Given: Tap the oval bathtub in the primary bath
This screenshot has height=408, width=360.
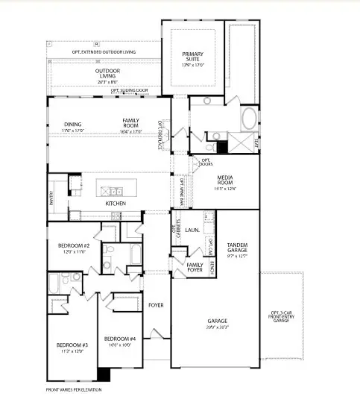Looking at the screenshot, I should [x=249, y=120].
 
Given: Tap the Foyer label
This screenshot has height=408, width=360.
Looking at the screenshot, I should [x=156, y=305].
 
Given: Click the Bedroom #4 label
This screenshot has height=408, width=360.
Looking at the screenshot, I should [x=119, y=339].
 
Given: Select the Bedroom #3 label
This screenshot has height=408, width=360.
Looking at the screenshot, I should [x=72, y=345].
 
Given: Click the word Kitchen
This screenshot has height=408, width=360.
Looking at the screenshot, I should [x=115, y=204].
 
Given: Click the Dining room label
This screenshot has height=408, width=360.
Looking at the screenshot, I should [x=72, y=125].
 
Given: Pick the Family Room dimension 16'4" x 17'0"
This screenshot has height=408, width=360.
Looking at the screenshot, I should [x=130, y=131].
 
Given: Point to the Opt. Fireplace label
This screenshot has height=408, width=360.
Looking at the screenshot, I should [x=160, y=135].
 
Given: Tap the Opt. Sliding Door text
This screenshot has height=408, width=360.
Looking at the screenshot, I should [x=130, y=90].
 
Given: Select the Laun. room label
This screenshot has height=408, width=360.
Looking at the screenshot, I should [x=192, y=230].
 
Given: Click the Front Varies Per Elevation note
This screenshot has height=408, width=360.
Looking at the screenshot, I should [x=74, y=390].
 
